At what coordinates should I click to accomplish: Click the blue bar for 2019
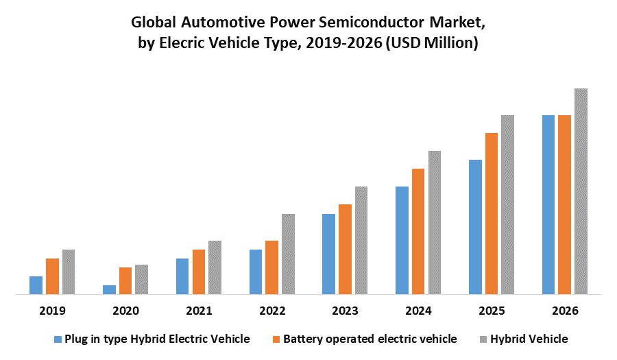[x=36, y=285]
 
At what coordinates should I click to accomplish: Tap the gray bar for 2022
[x=288, y=254]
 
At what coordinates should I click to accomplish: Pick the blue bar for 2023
[x=328, y=254]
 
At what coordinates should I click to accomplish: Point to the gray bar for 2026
[x=581, y=191]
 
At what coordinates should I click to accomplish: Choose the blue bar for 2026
[x=548, y=205]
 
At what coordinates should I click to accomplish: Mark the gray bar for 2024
[x=435, y=223]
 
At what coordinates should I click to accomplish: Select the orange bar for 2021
[x=199, y=272]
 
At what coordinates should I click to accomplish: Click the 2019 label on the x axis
[x=52, y=311]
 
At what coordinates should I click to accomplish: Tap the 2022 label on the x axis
[x=272, y=311]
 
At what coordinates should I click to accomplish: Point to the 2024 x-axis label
[x=418, y=311]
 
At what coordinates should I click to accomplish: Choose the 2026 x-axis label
[x=565, y=311]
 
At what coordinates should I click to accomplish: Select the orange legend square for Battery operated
[x=276, y=339]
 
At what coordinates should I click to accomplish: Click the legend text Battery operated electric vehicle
[x=370, y=339]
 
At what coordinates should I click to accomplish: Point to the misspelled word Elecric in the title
[x=198, y=44]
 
